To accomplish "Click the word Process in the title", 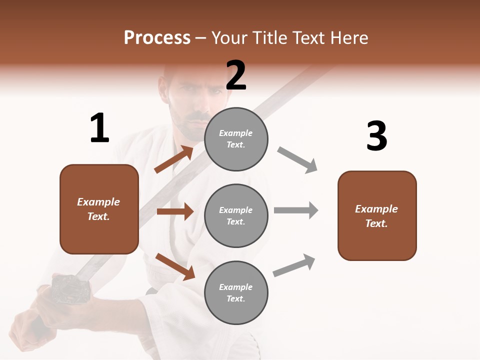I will point(157,38).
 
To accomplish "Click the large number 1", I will point(99,128).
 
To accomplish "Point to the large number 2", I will point(236,76).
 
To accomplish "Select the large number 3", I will point(376,136).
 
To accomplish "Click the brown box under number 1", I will point(99,209).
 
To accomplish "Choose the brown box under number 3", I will point(377,216).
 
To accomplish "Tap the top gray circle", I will point(236,138).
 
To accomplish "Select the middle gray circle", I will point(236,215).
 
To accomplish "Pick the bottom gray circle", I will point(236,292).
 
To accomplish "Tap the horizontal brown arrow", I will point(175,211).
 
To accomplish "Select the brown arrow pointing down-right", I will point(175,266).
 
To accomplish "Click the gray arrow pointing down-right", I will point(297,160).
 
